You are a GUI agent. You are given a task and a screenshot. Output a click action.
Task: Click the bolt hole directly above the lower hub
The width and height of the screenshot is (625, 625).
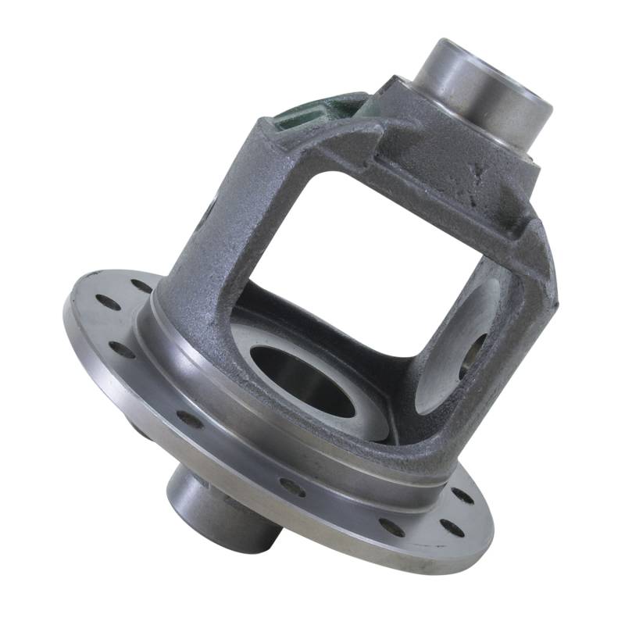(x=189, y=419)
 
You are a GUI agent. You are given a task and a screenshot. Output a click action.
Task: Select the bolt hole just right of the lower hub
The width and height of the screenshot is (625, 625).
(x=292, y=486)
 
